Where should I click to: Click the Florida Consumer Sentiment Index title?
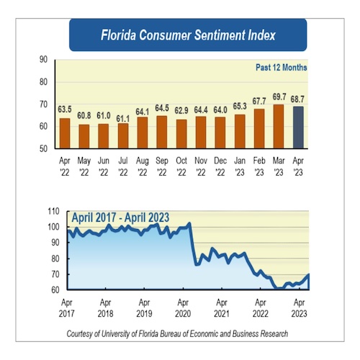click(x=187, y=34)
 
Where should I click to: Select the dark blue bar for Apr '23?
click(x=297, y=127)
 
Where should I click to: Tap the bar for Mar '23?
click(x=278, y=126)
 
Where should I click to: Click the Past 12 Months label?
click(x=281, y=68)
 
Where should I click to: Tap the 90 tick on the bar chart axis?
click(x=45, y=60)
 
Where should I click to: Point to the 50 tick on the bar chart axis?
click(x=45, y=148)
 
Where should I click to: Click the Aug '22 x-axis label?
click(x=143, y=165)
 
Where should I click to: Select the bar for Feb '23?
click(x=259, y=128)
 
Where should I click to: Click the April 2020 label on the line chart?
click(x=183, y=308)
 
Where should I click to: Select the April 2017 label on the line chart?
click(x=67, y=308)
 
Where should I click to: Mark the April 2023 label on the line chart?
click(x=298, y=308)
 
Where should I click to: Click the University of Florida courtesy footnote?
click(x=176, y=334)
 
